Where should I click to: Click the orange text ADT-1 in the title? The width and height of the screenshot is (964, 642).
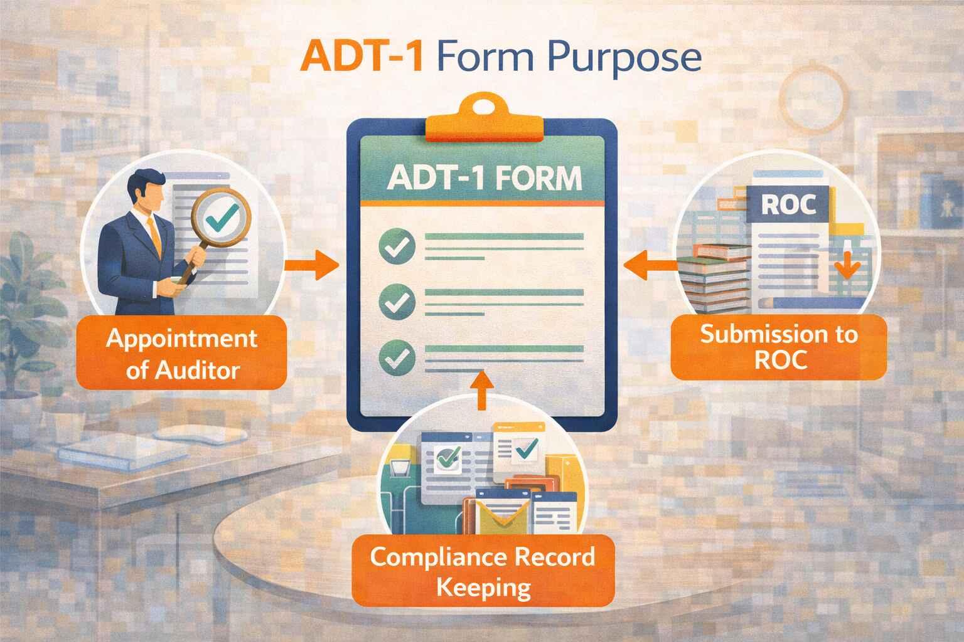[361, 56]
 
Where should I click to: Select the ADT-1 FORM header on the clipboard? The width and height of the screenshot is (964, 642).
[485, 178]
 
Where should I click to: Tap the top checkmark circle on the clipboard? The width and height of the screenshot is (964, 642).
[397, 246]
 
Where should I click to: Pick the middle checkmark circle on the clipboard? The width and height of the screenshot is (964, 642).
[397, 302]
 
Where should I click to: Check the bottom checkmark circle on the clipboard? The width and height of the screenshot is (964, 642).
[397, 358]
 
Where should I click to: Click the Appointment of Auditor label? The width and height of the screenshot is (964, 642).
[181, 353]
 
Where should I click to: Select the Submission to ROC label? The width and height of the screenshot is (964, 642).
[779, 347]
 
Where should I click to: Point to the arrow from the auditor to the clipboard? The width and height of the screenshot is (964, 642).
[312, 265]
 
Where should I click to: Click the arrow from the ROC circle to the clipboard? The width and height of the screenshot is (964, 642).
[650, 265]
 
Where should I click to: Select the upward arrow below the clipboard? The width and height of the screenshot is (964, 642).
[483, 389]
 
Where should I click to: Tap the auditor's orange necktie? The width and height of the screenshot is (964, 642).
[154, 236]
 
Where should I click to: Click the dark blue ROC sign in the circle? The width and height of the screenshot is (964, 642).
[788, 204]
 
